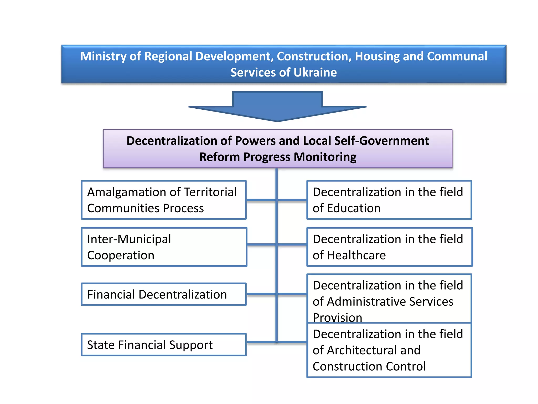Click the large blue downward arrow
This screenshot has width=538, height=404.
click(277, 107)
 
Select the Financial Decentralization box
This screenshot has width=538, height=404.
click(164, 294)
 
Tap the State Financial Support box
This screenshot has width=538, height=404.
click(164, 345)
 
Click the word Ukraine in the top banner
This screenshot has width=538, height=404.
click(315, 73)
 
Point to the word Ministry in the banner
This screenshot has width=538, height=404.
click(103, 57)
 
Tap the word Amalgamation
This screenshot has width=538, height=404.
click(127, 192)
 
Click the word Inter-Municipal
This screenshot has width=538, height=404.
click(129, 239)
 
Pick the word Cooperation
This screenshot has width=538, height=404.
click(121, 255)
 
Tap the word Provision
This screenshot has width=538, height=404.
click(337, 317)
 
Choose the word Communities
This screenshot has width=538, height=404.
click(123, 208)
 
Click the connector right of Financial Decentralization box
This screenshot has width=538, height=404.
click(261, 294)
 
